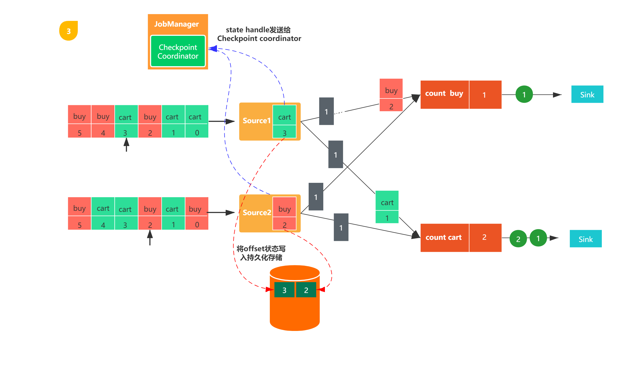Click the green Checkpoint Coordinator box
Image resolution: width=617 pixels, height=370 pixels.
click(x=178, y=51)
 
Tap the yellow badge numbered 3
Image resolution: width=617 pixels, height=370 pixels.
click(x=69, y=31)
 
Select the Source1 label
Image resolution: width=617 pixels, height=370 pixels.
click(x=256, y=121)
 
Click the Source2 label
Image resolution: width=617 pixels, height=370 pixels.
click(x=257, y=213)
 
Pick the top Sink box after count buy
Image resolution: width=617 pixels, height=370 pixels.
click(x=587, y=94)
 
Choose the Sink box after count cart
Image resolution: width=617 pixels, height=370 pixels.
click(x=586, y=239)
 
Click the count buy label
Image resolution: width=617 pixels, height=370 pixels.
click(x=444, y=94)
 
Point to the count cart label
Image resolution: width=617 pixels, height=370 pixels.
click(x=443, y=238)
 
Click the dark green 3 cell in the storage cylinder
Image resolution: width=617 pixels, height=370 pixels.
click(x=284, y=290)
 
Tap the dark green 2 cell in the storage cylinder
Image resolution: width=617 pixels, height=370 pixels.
click(x=306, y=290)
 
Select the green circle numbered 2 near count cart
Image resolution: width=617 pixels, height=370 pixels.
click(x=518, y=239)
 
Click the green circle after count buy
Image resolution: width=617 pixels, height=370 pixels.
click(x=524, y=94)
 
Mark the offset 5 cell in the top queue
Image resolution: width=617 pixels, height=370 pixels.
click(x=79, y=132)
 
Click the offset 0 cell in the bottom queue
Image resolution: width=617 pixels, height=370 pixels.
click(x=197, y=224)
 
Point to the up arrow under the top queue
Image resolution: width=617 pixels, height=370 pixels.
click(x=126, y=145)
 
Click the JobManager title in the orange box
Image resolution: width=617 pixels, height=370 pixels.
click(x=177, y=24)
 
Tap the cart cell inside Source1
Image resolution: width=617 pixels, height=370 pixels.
click(x=284, y=117)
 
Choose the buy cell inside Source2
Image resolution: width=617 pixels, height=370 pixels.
click(x=284, y=209)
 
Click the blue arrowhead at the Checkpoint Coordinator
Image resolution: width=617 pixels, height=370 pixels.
click(x=213, y=49)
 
